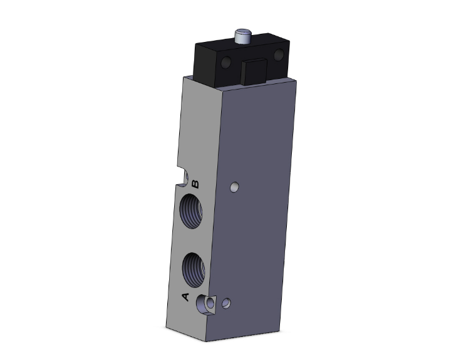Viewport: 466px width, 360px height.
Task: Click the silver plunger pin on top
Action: (x=242, y=36)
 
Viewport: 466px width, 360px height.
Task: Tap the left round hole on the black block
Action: (x=226, y=62)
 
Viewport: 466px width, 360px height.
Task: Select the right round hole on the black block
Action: (x=279, y=55)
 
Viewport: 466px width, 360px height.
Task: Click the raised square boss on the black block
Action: (x=254, y=71)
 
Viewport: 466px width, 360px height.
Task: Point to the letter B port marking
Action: (x=195, y=184)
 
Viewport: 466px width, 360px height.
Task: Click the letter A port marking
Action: (x=185, y=297)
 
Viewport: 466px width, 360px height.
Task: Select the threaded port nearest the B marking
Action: (x=192, y=211)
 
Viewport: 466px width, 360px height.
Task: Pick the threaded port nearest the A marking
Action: (x=194, y=270)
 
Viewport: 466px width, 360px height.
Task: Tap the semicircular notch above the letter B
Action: (x=184, y=177)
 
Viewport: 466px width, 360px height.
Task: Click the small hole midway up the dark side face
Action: (x=234, y=187)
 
